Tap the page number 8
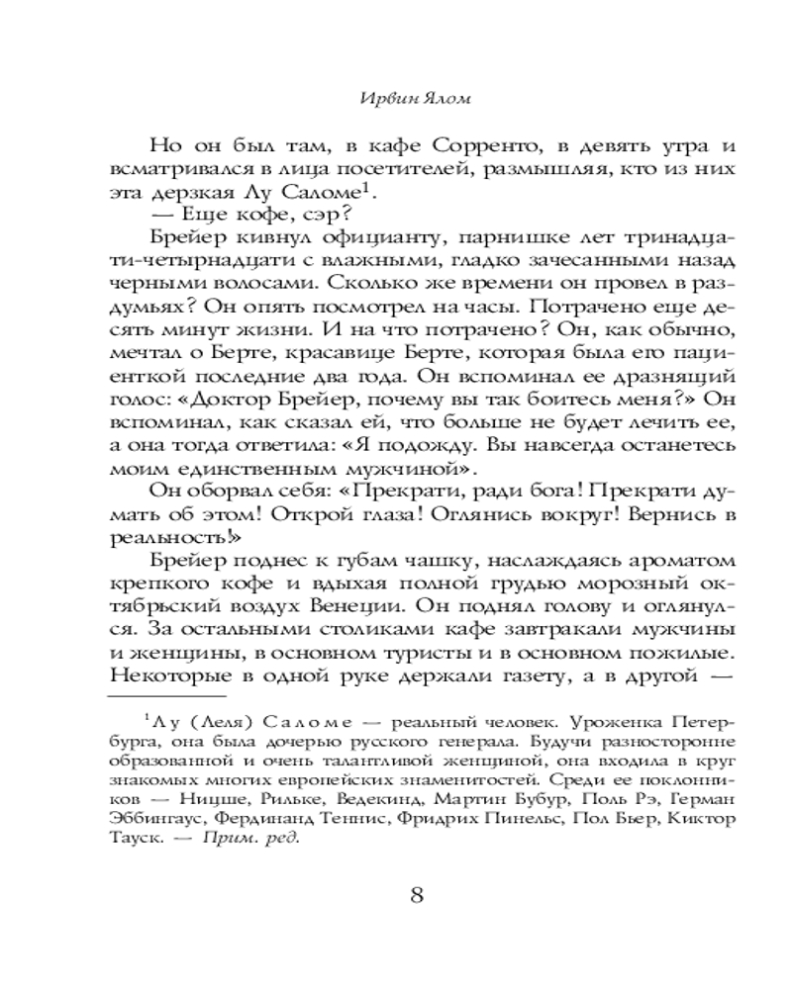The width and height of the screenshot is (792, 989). (417, 896)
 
